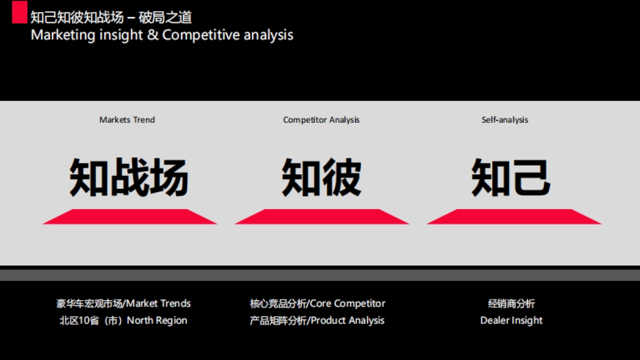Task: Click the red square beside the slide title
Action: pyautogui.click(x=20, y=12)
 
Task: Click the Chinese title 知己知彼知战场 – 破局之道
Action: pyautogui.click(x=111, y=18)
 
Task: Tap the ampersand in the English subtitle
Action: pyautogui.click(x=153, y=35)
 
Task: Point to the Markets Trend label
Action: pyautogui.click(x=127, y=120)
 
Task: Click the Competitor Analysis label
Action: pyautogui.click(x=321, y=120)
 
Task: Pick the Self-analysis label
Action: pyautogui.click(x=505, y=120)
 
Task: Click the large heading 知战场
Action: pyautogui.click(x=129, y=177)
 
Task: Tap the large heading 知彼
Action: pyautogui.click(x=321, y=177)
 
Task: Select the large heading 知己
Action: pyautogui.click(x=510, y=177)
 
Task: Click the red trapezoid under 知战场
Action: pyautogui.click(x=130, y=217)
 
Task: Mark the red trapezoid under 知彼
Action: pyautogui.click(x=322, y=217)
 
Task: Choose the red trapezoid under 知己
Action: pyautogui.click(x=514, y=217)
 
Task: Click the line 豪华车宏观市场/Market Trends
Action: pyautogui.click(x=124, y=303)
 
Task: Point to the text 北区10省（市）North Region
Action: pyautogui.click(x=123, y=321)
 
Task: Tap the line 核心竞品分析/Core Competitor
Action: pyautogui.click(x=317, y=303)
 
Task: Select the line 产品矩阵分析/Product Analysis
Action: pyautogui.click(x=317, y=321)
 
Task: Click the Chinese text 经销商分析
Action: pyautogui.click(x=511, y=303)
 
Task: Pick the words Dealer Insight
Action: pyautogui.click(x=511, y=321)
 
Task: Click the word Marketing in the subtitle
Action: pyautogui.click(x=64, y=35)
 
